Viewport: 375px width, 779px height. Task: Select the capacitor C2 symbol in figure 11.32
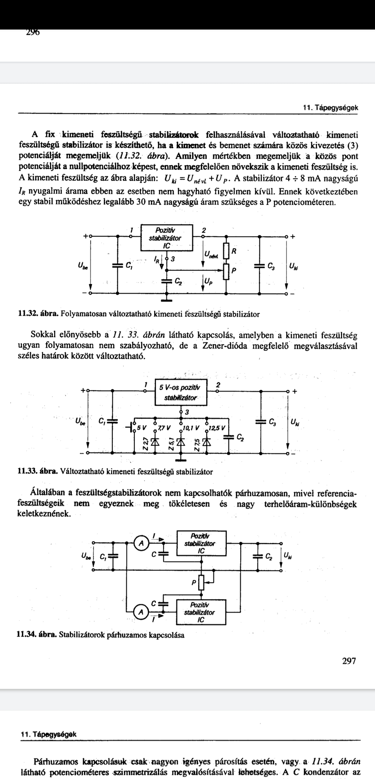click(x=167, y=280)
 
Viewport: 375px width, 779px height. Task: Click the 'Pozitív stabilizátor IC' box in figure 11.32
click(x=167, y=238)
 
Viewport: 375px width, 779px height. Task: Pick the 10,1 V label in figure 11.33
click(x=192, y=428)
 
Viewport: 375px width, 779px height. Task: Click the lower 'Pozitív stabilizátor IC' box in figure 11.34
click(x=201, y=612)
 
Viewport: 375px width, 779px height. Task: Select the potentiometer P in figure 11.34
click(x=202, y=583)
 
